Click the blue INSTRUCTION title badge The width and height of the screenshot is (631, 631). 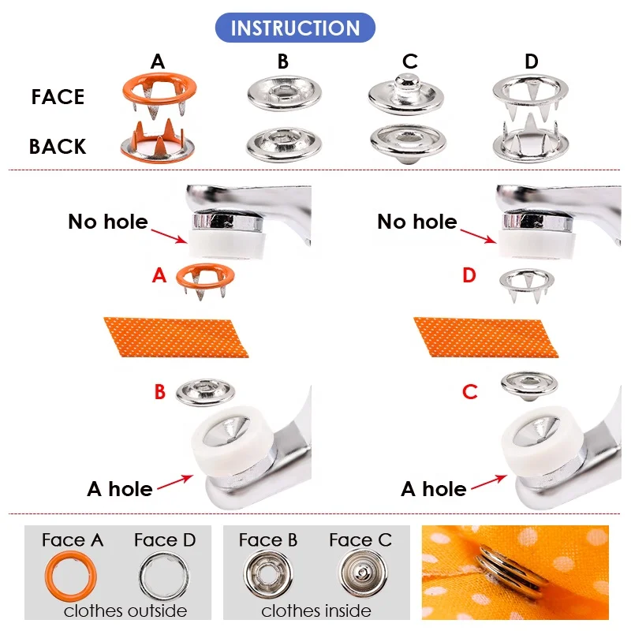[x=295, y=28]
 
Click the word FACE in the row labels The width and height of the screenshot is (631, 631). [x=58, y=98]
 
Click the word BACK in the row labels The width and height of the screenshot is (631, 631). [x=58, y=147]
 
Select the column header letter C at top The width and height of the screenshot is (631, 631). [x=409, y=62]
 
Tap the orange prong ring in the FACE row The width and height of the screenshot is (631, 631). [x=159, y=89]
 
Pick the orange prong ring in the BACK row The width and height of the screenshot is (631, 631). [x=159, y=141]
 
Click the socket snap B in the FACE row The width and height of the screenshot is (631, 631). [x=282, y=93]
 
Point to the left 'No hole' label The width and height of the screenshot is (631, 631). [x=107, y=222]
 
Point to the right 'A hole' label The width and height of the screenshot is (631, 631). [x=433, y=489]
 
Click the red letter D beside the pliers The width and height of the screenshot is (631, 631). [x=469, y=276]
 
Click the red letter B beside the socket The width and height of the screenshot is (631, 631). [x=159, y=392]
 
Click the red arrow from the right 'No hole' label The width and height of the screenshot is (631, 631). [x=479, y=233]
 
